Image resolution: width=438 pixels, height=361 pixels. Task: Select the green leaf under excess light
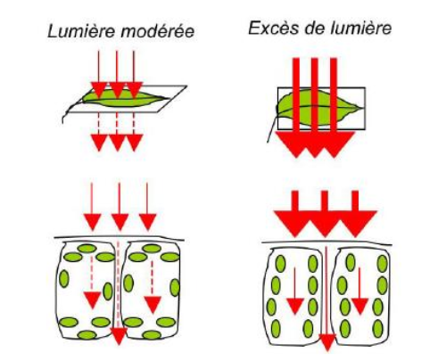click(318, 109)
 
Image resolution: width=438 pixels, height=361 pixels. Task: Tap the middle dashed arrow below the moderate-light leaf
click(117, 132)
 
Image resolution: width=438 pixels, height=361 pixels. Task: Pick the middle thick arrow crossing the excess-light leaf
click(315, 108)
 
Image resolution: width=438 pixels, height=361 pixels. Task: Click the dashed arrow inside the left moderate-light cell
click(92, 283)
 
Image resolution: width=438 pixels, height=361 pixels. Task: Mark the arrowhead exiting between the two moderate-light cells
click(119, 336)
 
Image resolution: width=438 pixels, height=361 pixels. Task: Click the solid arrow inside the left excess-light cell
click(294, 291)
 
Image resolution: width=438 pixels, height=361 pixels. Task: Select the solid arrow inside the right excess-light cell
click(359, 291)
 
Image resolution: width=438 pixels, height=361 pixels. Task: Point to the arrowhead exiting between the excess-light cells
click(327, 342)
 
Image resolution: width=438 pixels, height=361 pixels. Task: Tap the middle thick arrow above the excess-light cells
click(325, 214)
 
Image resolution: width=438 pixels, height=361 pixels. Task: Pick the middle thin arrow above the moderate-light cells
click(120, 207)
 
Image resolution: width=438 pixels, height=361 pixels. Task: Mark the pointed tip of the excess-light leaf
click(362, 108)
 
